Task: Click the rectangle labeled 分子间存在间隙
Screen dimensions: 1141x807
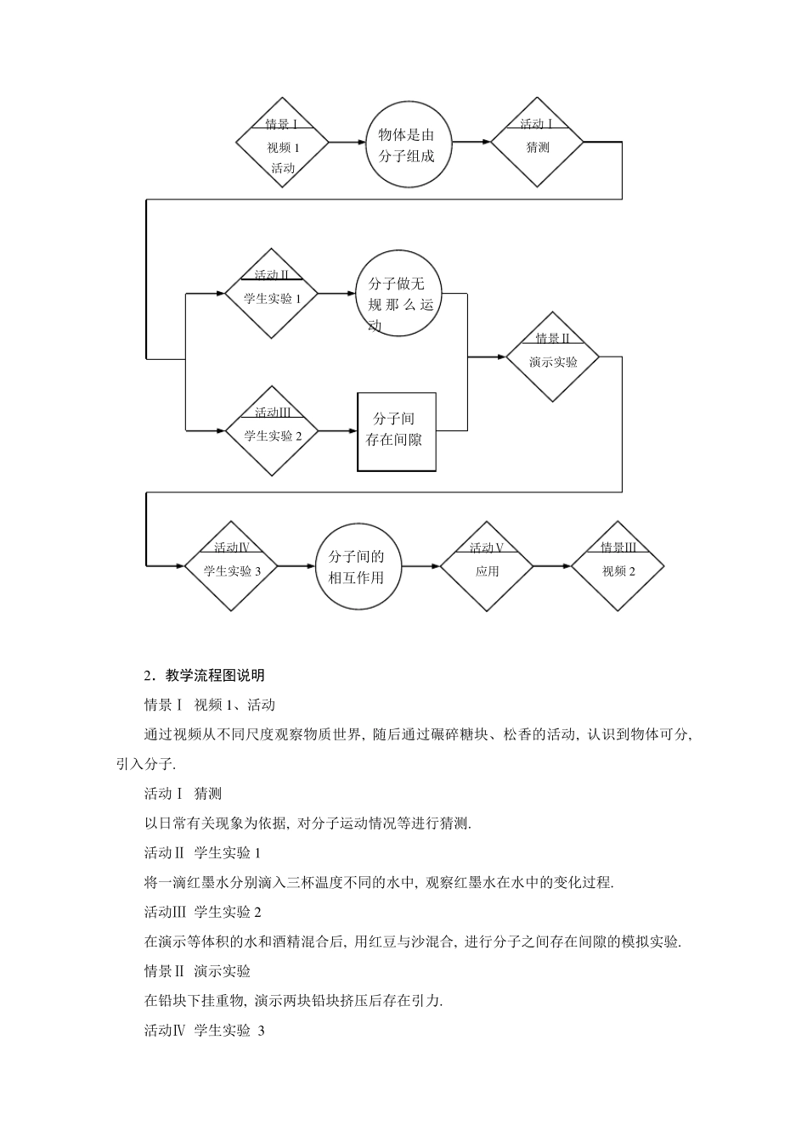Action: point(397,431)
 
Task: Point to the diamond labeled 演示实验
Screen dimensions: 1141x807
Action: point(553,357)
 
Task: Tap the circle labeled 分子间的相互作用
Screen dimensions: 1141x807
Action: point(356,566)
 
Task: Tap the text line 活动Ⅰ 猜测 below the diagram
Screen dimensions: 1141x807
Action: point(183,794)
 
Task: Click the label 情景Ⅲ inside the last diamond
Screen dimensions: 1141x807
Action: point(618,548)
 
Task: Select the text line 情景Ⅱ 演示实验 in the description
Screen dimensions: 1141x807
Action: point(198,971)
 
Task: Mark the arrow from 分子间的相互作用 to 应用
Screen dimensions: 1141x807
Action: point(420,566)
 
